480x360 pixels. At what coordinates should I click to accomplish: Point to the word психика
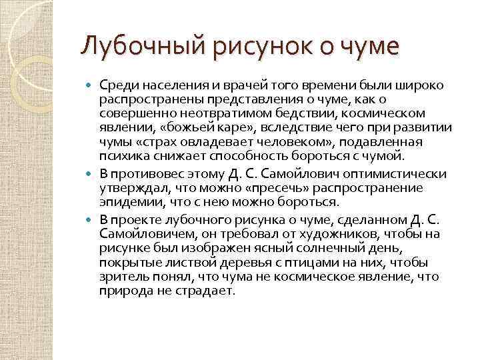119,157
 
